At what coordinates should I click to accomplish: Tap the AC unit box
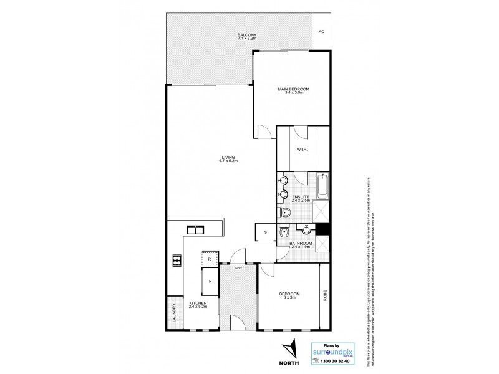pyautogui.click(x=321, y=32)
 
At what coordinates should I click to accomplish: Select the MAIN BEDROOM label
pyautogui.click(x=294, y=90)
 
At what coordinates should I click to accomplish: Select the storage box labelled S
pyautogui.click(x=265, y=232)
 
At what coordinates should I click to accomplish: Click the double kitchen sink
pyautogui.click(x=196, y=229)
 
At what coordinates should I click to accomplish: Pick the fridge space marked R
pyautogui.click(x=210, y=257)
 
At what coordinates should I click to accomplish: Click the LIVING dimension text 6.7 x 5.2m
pyautogui.click(x=229, y=161)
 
